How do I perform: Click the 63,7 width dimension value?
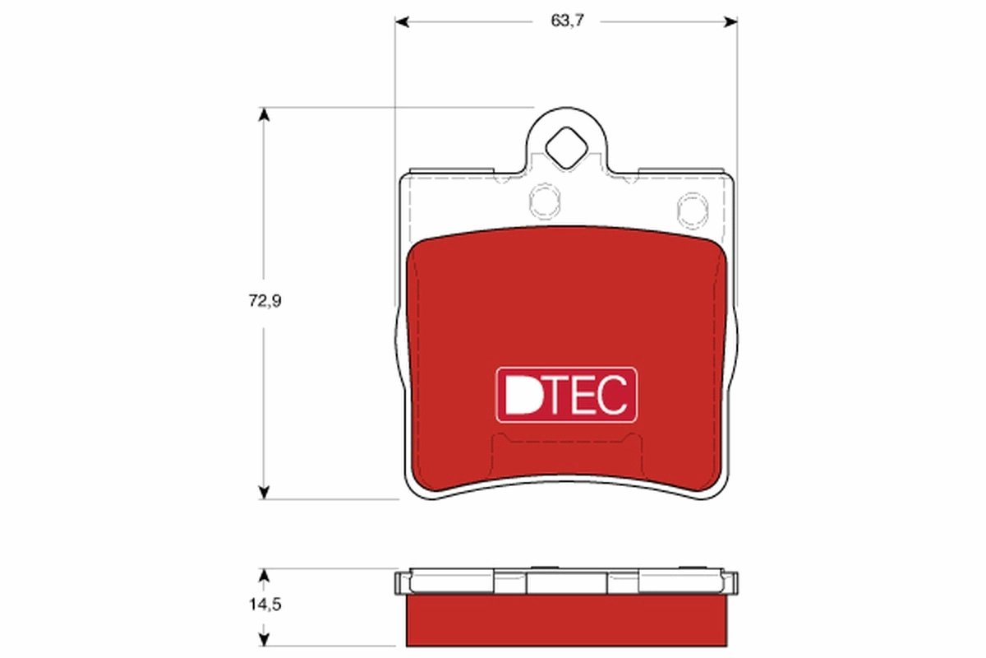coord(566,21)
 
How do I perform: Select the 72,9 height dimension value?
coord(265,301)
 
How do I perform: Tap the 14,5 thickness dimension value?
coord(265,605)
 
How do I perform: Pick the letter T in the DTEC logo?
coord(555,396)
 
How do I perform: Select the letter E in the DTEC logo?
coord(584,396)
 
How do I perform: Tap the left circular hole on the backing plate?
coord(543,200)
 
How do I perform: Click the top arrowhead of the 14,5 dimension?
coord(264,574)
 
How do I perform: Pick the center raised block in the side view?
coord(566,582)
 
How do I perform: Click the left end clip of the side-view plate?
coord(401,582)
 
